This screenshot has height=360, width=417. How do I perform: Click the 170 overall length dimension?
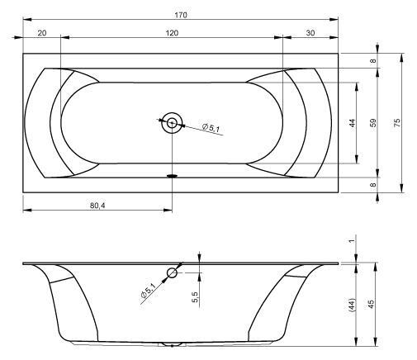pyautogui.click(x=181, y=15)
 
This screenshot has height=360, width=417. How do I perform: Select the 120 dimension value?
pyautogui.click(x=172, y=33)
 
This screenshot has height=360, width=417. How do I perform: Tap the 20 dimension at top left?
pyautogui.click(x=42, y=33)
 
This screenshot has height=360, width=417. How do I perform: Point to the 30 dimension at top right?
pyautogui.click(x=310, y=33)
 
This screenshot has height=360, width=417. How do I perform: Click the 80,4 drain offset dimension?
pyautogui.click(x=97, y=206)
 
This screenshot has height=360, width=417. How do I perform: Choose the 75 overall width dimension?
pyautogui.click(x=397, y=122)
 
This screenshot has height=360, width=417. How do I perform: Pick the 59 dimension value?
pyautogui.click(x=372, y=122)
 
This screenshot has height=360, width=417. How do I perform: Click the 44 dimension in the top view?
pyautogui.click(x=352, y=123)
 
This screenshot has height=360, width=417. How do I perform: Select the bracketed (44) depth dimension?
pyautogui.click(x=352, y=305)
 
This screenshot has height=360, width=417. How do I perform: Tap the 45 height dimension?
pyautogui.click(x=372, y=304)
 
